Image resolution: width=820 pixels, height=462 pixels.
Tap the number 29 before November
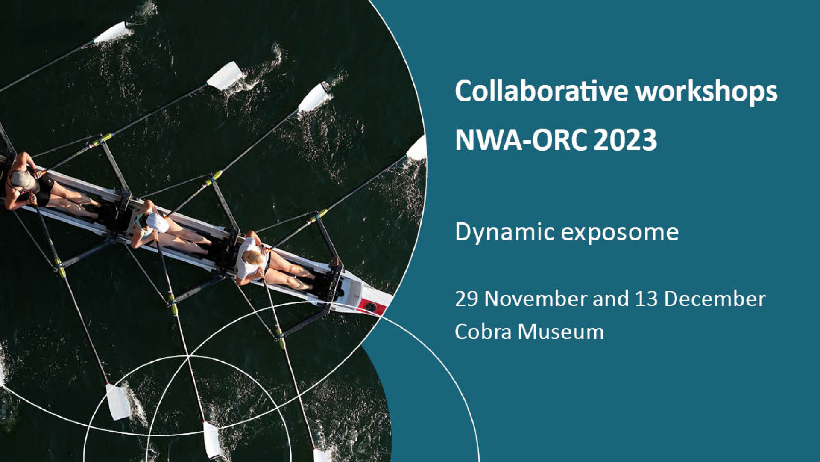[466, 299]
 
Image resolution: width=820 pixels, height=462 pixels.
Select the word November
[536, 299]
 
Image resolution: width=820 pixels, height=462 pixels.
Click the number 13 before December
[646, 299]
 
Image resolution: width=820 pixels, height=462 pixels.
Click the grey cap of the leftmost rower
[22, 180]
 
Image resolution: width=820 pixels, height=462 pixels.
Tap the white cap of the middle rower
[157, 222]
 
